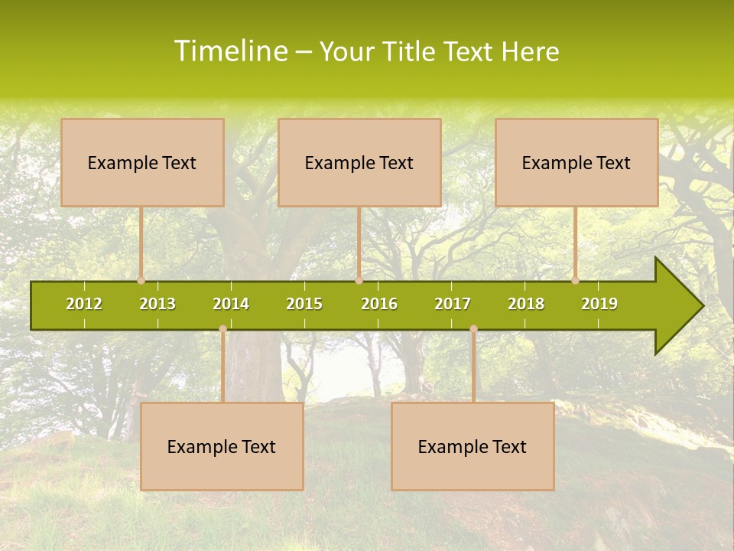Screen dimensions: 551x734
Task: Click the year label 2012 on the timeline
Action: (x=84, y=304)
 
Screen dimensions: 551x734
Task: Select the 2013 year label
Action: (x=158, y=304)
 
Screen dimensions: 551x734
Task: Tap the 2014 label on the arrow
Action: (x=231, y=304)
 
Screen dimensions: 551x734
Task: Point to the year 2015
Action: (x=304, y=304)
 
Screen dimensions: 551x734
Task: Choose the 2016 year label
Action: (x=379, y=304)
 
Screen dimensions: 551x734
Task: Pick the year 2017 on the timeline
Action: (x=453, y=304)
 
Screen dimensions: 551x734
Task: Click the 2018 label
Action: (x=526, y=304)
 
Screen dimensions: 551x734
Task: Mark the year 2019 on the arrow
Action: (x=599, y=304)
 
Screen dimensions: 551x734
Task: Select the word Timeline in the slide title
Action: (x=230, y=51)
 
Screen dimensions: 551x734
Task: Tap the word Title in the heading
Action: (x=409, y=51)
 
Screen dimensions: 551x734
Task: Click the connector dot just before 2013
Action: (x=141, y=280)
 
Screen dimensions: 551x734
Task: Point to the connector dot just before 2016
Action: (x=359, y=280)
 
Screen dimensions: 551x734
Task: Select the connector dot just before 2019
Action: (x=575, y=280)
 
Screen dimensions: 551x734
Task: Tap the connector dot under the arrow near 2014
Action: (x=222, y=329)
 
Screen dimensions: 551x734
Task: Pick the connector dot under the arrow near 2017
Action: (x=473, y=329)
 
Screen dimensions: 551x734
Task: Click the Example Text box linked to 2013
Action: (x=142, y=162)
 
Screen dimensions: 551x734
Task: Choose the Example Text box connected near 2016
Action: (x=359, y=162)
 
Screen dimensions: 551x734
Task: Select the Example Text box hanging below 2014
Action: (x=222, y=446)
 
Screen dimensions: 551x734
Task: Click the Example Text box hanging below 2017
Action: (x=473, y=446)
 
